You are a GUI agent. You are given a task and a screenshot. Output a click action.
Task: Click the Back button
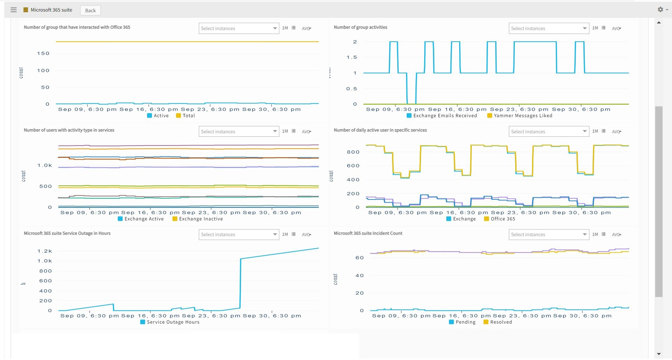[90, 10]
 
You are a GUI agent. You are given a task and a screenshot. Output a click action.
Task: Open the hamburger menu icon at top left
[14, 10]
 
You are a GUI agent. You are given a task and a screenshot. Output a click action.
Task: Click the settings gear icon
[660, 10]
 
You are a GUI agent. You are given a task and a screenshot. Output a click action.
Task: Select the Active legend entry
[158, 116]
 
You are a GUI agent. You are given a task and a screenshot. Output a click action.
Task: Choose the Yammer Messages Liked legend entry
[520, 116]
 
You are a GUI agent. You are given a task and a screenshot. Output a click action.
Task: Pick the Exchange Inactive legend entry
[198, 219]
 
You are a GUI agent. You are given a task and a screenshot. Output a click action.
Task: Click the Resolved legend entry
[498, 322]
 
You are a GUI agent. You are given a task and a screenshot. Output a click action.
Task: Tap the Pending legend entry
[462, 322]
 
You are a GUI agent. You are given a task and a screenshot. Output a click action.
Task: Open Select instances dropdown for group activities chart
[548, 28]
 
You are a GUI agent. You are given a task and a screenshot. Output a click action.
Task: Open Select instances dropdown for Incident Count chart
[548, 234]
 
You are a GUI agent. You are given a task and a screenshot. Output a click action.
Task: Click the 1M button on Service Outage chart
[285, 234]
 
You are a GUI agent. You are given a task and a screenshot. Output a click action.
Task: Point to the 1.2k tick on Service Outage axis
[45, 251]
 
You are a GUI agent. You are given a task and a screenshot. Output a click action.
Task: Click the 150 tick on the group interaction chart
[43, 54]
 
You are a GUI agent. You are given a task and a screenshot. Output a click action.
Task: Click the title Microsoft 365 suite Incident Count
[368, 233]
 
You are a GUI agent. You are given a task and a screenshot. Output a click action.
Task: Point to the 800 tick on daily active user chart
[353, 152]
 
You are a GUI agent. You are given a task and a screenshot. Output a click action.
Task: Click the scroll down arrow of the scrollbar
[659, 354]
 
